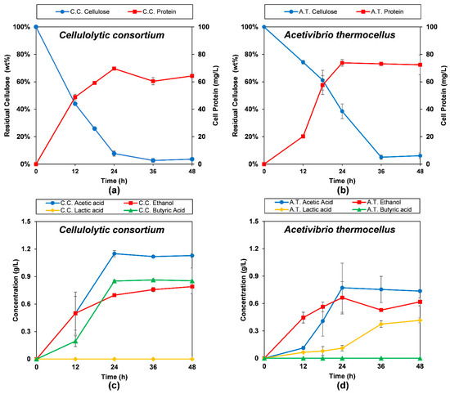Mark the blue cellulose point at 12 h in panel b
(x=303, y=62)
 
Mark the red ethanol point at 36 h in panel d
(x=381, y=310)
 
